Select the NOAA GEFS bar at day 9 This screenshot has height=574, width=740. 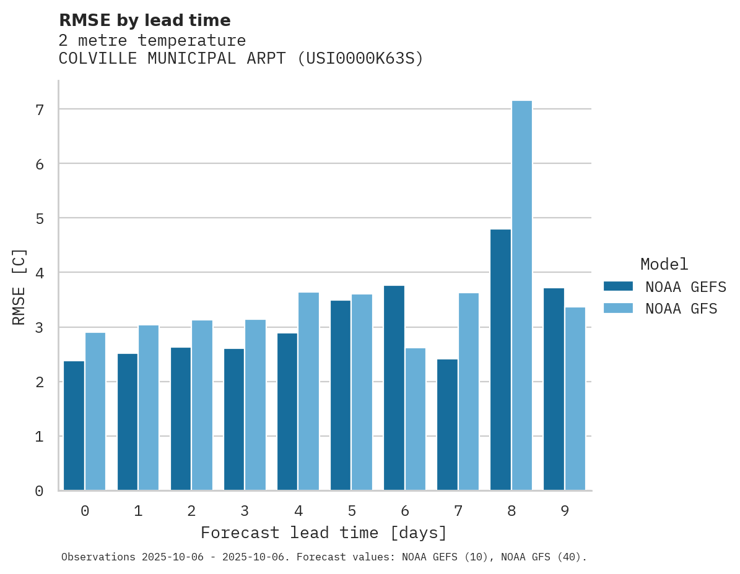click(x=554, y=389)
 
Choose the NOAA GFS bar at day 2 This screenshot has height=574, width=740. click(x=202, y=405)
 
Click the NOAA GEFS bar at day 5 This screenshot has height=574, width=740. click(x=341, y=395)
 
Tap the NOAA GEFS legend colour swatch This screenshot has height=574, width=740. click(x=618, y=286)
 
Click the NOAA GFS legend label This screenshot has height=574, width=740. click(x=681, y=309)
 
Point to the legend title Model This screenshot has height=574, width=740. click(x=664, y=264)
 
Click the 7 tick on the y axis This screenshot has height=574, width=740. click(x=40, y=109)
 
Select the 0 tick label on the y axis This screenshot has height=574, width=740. click(x=40, y=491)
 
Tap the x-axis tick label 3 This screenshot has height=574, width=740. click(x=245, y=511)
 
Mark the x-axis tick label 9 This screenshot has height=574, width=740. click(x=565, y=511)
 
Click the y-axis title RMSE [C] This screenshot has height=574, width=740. click(x=20, y=286)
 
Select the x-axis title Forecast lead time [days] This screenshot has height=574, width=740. click(x=324, y=533)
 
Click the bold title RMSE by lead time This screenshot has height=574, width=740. click(x=145, y=20)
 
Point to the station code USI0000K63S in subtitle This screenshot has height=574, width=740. click(x=360, y=59)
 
